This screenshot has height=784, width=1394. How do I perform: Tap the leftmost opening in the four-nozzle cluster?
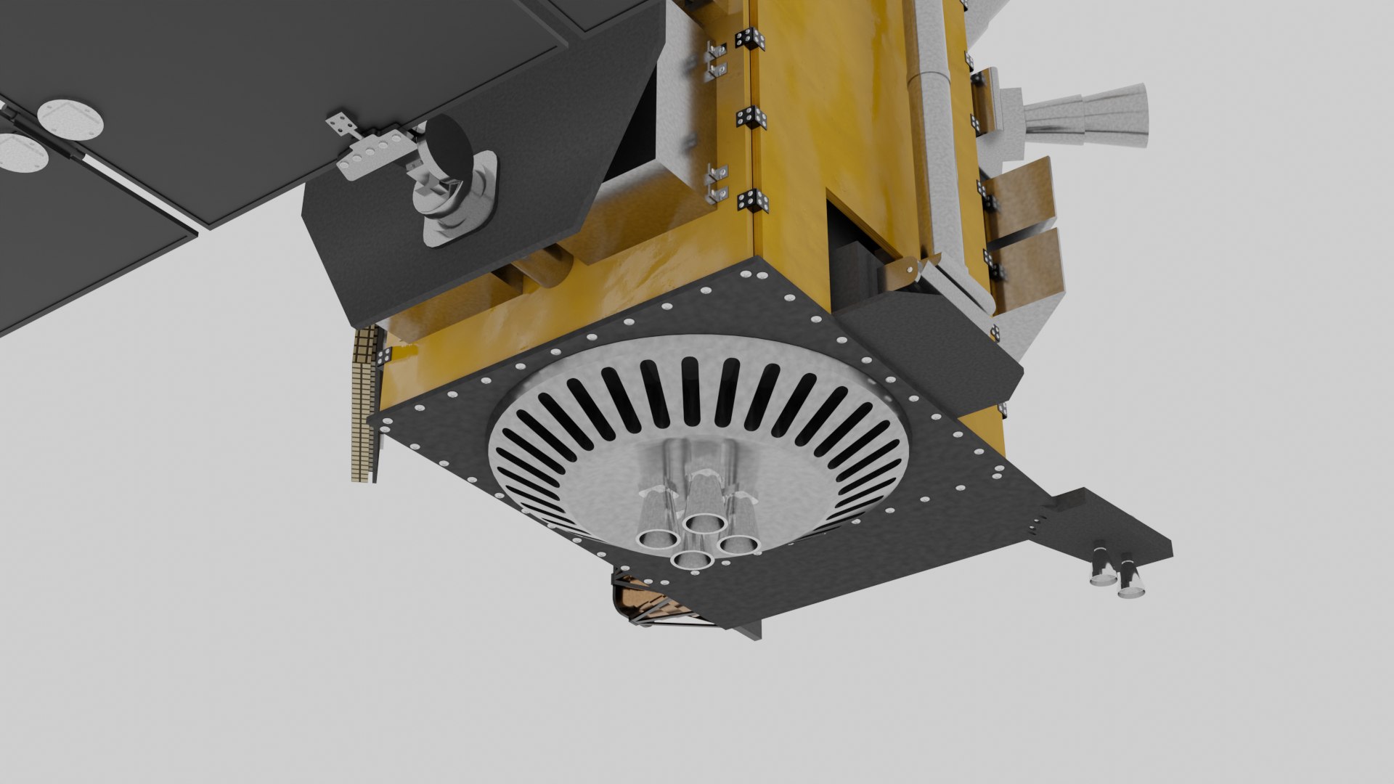[656, 538]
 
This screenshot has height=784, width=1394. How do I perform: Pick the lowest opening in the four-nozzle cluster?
[690, 560]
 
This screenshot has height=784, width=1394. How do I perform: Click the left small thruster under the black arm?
[1102, 578]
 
